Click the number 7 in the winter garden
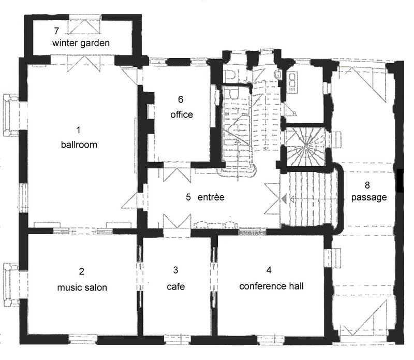[x=56, y=31]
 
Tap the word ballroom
[x=79, y=145]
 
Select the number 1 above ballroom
[x=78, y=130]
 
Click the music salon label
[x=82, y=287]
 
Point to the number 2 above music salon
[x=82, y=271]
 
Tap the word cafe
[x=175, y=286]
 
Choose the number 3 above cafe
[x=175, y=270]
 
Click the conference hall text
[x=271, y=286]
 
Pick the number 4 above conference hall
[x=269, y=270]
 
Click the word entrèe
[x=211, y=197]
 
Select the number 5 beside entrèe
[x=188, y=197]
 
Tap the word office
[x=182, y=114]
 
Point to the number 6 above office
[x=181, y=99]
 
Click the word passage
[x=369, y=197]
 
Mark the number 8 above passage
[x=367, y=185]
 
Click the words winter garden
[x=81, y=43]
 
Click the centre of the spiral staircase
[x=305, y=146]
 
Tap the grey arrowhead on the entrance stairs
[x=284, y=199]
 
